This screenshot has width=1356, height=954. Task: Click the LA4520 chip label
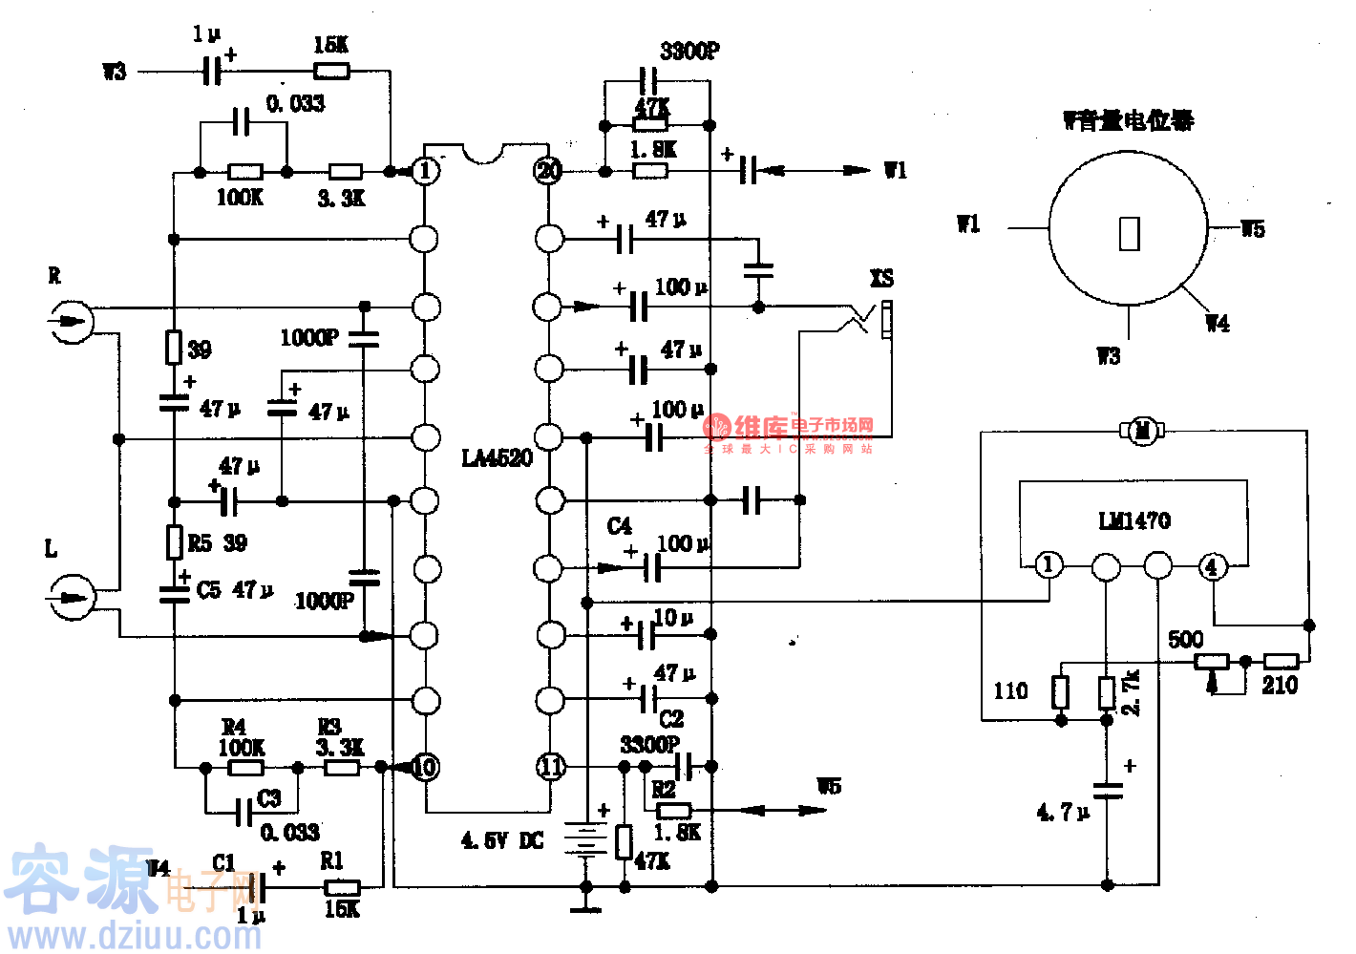click(497, 458)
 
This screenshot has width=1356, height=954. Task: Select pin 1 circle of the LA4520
click(425, 171)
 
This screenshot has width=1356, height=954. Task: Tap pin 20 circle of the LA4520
click(548, 171)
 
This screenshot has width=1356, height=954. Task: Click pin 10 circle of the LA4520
click(425, 767)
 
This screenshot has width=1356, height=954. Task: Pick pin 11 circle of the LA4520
click(551, 767)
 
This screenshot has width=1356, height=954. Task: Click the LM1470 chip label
click(1134, 520)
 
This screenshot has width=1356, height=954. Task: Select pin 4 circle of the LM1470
click(1212, 566)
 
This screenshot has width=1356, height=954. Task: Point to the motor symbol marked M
click(1142, 431)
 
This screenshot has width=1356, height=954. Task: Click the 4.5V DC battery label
click(502, 841)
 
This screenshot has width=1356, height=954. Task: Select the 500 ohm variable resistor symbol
click(1212, 661)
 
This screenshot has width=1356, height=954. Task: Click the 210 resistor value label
click(1280, 685)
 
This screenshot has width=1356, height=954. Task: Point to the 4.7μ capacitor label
click(1063, 813)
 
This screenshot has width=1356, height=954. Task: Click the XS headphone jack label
click(881, 279)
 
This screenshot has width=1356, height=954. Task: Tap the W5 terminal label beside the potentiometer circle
click(1253, 229)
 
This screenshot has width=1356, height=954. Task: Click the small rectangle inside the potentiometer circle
click(1130, 234)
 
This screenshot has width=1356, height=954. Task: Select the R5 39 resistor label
click(218, 543)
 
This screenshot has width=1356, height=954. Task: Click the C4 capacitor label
click(619, 526)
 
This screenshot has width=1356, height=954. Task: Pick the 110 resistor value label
click(1010, 690)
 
